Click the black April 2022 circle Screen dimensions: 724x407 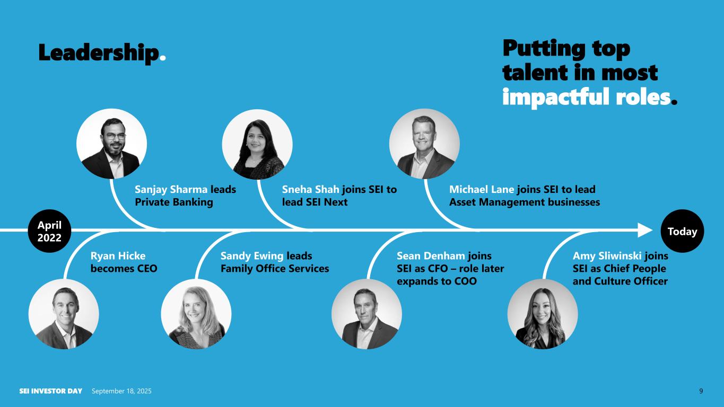49,231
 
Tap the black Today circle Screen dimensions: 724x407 682,231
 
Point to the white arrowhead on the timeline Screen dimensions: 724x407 645,230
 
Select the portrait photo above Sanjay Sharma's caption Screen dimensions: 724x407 111,144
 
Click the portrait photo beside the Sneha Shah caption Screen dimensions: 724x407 257,144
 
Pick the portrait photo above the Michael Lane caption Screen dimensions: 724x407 424,144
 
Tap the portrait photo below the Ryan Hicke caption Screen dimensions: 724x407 64,314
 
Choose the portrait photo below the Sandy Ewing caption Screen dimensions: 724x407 196,314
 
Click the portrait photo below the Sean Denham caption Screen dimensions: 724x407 367,314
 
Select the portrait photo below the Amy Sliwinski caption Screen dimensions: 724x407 543,314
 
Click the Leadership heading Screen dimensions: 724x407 102,52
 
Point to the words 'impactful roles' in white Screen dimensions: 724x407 586,96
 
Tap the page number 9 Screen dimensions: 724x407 701,391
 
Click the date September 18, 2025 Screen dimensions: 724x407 121,391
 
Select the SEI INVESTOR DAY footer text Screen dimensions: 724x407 51,391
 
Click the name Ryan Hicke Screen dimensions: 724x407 118,256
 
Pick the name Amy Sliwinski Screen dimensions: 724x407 607,256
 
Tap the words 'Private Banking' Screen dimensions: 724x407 174,202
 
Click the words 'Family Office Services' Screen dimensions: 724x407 275,269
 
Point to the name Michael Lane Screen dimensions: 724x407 482,189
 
